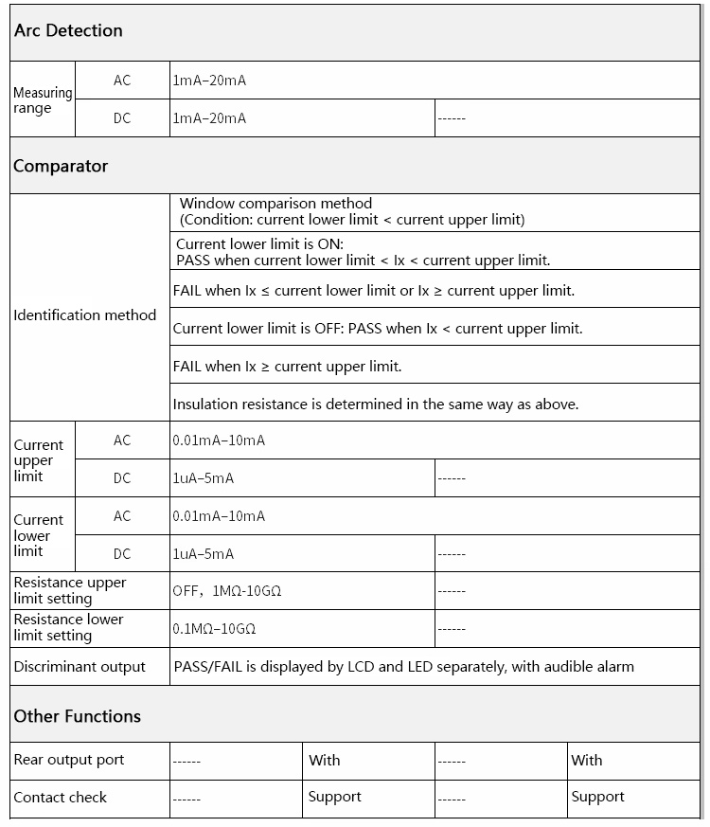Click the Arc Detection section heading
coord(68,30)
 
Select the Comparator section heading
coord(61,166)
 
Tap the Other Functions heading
coord(77,716)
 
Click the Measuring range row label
coord(43,99)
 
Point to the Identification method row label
coord(85,315)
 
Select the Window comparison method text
coord(275,204)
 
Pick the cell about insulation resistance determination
coord(375,404)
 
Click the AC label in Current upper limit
coord(122,440)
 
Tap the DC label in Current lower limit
coord(122,553)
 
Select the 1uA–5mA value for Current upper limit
coord(204,478)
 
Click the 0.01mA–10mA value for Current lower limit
coord(219,516)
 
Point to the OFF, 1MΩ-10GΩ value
coord(227,591)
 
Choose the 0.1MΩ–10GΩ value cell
coord(215,628)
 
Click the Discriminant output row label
coord(80,666)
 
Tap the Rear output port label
coord(68,760)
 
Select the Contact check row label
coord(61,798)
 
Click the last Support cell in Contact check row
coord(597,797)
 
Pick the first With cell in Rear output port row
coord(325,760)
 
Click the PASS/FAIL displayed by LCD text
coord(403,666)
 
